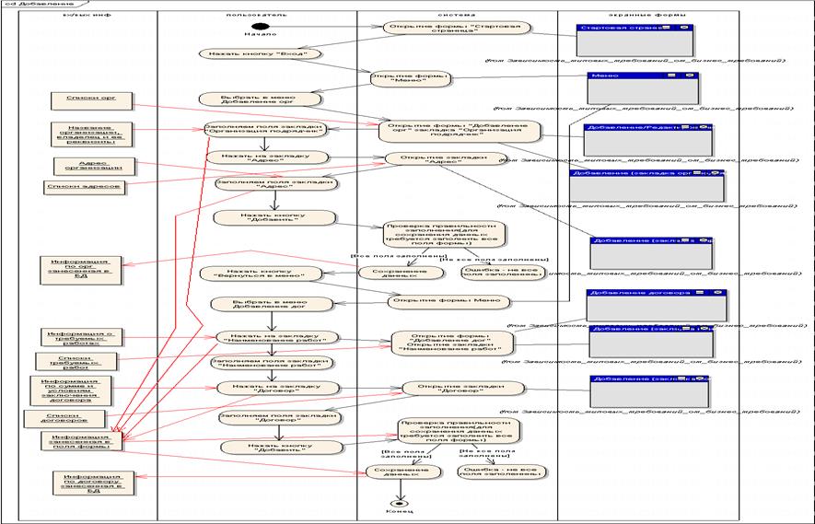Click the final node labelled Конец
tap(397, 503)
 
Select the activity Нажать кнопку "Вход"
tap(261, 53)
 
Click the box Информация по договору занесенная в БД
tap(87, 483)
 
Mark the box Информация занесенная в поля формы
tap(83, 442)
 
